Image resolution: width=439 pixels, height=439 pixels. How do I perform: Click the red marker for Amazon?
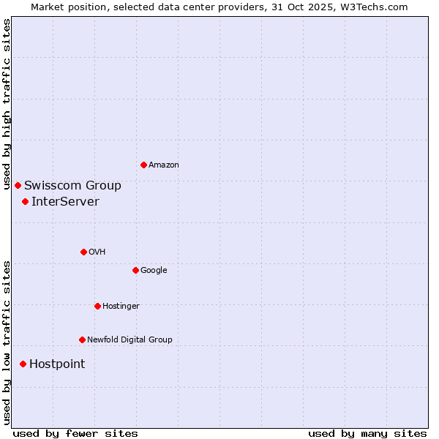coord(143,165)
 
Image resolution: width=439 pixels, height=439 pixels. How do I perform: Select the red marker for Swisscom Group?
coord(18,185)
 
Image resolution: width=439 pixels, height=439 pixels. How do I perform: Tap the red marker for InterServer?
coord(25,201)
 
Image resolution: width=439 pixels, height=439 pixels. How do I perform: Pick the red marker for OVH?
coord(83,252)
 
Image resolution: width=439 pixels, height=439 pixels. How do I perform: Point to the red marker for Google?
coord(135,270)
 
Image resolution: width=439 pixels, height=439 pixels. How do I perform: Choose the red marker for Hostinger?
coord(97,306)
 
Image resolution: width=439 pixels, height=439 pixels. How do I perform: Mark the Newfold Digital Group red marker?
coord(82,339)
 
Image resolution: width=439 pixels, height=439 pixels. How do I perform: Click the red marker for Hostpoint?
coord(23,364)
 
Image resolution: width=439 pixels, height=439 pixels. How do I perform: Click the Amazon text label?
coord(164,165)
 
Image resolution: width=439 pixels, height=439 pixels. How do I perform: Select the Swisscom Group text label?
coord(72,186)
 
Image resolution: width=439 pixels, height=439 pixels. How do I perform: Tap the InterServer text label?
coord(65,202)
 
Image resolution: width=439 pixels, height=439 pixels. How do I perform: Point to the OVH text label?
coord(97,252)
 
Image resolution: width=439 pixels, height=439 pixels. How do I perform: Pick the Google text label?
coord(154,271)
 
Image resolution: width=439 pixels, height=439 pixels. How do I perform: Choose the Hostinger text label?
coord(121,307)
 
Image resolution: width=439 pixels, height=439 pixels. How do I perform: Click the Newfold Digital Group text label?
coord(130,340)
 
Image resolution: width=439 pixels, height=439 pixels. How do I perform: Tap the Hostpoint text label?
coord(57,364)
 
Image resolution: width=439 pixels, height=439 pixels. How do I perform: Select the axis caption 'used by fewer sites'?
coord(75,433)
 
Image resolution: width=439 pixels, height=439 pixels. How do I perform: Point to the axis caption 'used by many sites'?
coord(367,433)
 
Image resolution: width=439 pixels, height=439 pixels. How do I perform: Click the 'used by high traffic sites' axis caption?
coord(7,104)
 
